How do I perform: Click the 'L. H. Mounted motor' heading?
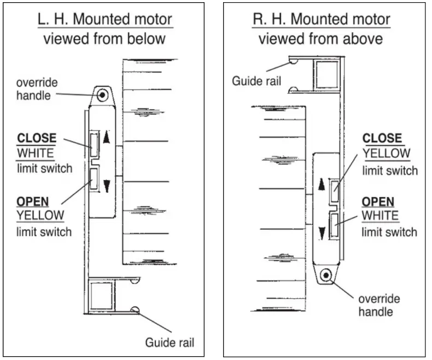[x=104, y=19]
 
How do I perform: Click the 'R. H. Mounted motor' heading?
[x=320, y=19]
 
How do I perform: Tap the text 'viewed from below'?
[x=104, y=39]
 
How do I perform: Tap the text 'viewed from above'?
[x=320, y=39]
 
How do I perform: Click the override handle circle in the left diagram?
[x=102, y=96]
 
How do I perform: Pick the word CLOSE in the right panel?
[x=382, y=138]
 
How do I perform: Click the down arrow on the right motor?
[x=322, y=233]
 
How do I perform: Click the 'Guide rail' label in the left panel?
[x=169, y=343]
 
